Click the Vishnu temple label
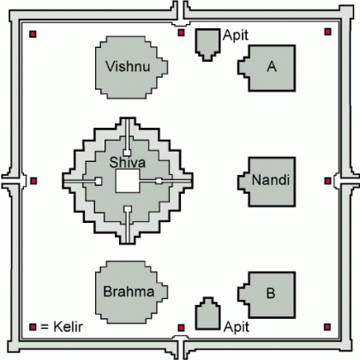(x=128, y=66)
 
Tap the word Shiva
(x=128, y=162)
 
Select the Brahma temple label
(x=129, y=291)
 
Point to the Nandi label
(x=271, y=180)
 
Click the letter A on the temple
(x=272, y=67)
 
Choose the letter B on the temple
(x=271, y=293)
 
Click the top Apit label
(x=236, y=36)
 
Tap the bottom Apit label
(x=237, y=327)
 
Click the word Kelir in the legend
(x=68, y=327)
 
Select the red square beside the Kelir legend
(x=33, y=327)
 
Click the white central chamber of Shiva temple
(x=128, y=181)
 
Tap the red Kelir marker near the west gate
(x=33, y=181)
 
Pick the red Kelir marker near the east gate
(x=327, y=181)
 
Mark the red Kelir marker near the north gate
(x=181, y=33)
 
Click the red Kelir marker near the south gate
(x=181, y=327)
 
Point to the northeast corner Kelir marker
(x=327, y=32)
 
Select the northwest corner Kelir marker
(x=33, y=34)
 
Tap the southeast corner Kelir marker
(x=327, y=327)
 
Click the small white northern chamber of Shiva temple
(x=127, y=153)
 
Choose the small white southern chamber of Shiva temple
(x=128, y=209)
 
